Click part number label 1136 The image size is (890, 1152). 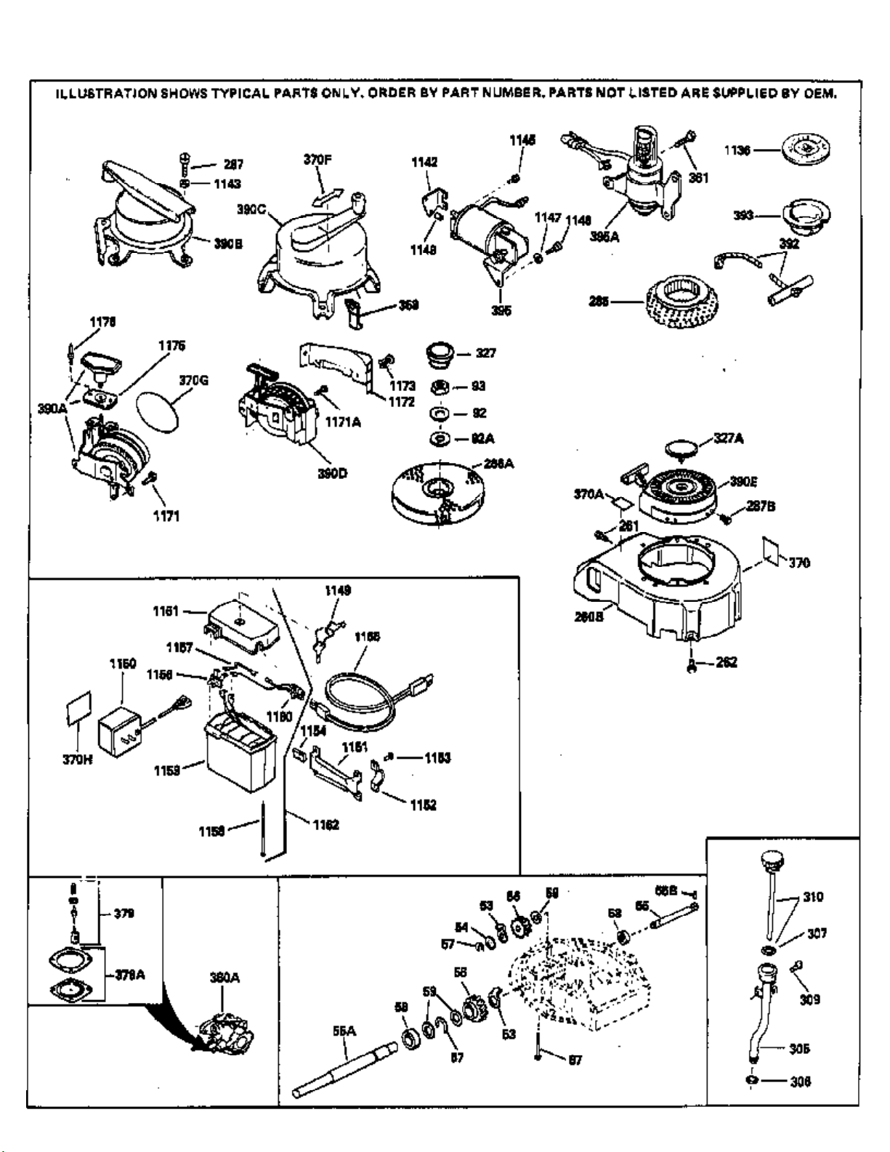737,150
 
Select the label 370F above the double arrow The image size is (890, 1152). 317,160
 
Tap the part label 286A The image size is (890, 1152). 498,463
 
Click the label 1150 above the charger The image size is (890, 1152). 122,664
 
